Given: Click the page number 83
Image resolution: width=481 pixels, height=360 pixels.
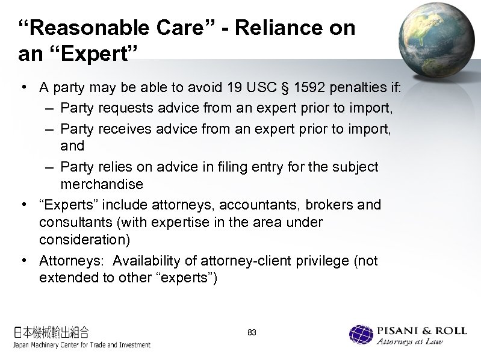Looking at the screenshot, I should pos(252,333).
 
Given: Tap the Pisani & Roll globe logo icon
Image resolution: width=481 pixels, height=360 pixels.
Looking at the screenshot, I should pos(362,336).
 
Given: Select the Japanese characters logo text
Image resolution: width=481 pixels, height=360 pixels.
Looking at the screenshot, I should pos(51,332).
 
